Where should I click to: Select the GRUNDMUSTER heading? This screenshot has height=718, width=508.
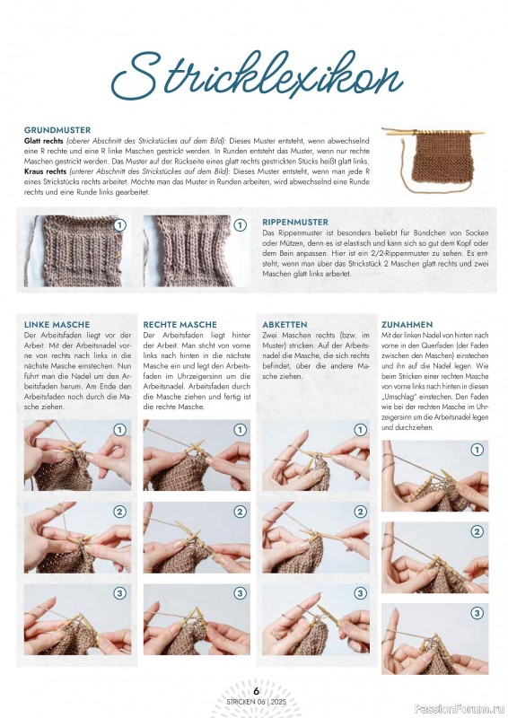click(x=57, y=130)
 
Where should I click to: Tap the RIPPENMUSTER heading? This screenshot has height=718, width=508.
click(x=295, y=222)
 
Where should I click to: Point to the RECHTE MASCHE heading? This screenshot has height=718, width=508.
click(x=180, y=324)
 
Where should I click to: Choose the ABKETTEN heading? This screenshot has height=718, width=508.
click(x=285, y=324)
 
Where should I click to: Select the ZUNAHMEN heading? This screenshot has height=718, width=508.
click(x=407, y=324)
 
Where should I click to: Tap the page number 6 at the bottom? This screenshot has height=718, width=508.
click(x=256, y=690)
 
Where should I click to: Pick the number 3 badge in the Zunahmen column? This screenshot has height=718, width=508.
click(x=477, y=613)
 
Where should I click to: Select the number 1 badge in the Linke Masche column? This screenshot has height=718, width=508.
click(x=119, y=430)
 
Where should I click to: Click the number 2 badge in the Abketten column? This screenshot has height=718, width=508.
click(x=359, y=512)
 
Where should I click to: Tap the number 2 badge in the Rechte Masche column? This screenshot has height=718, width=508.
click(x=240, y=512)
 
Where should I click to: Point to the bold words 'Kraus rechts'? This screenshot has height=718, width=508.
click(x=46, y=170)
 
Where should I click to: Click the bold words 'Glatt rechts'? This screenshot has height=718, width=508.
click(x=46, y=142)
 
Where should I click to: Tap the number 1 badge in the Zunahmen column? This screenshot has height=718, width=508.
click(x=477, y=449)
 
